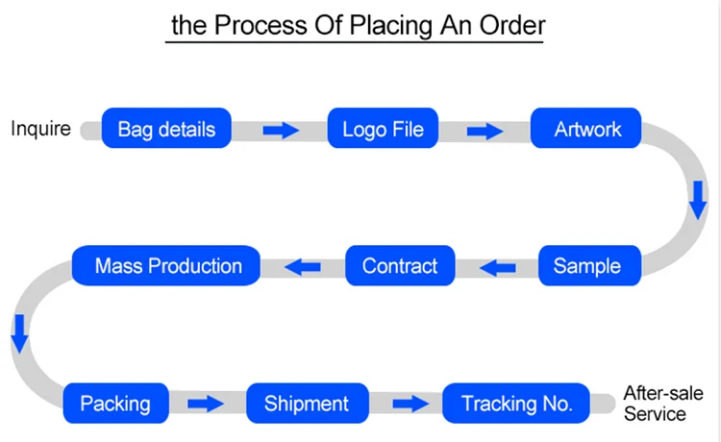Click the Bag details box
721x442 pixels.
(167, 129)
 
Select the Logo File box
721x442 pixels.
(383, 129)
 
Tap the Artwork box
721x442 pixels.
(588, 129)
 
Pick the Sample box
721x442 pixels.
(586, 266)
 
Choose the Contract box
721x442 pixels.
(399, 266)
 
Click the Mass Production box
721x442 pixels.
(167, 266)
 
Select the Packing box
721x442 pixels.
(115, 403)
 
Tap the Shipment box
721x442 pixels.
(306, 403)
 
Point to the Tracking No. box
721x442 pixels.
(517, 403)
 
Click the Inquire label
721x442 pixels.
(40, 128)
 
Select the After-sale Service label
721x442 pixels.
(662, 404)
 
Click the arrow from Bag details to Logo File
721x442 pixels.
(281, 130)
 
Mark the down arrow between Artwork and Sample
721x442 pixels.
(698, 199)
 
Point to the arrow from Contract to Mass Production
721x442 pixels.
(305, 266)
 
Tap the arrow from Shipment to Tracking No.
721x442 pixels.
(410, 404)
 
